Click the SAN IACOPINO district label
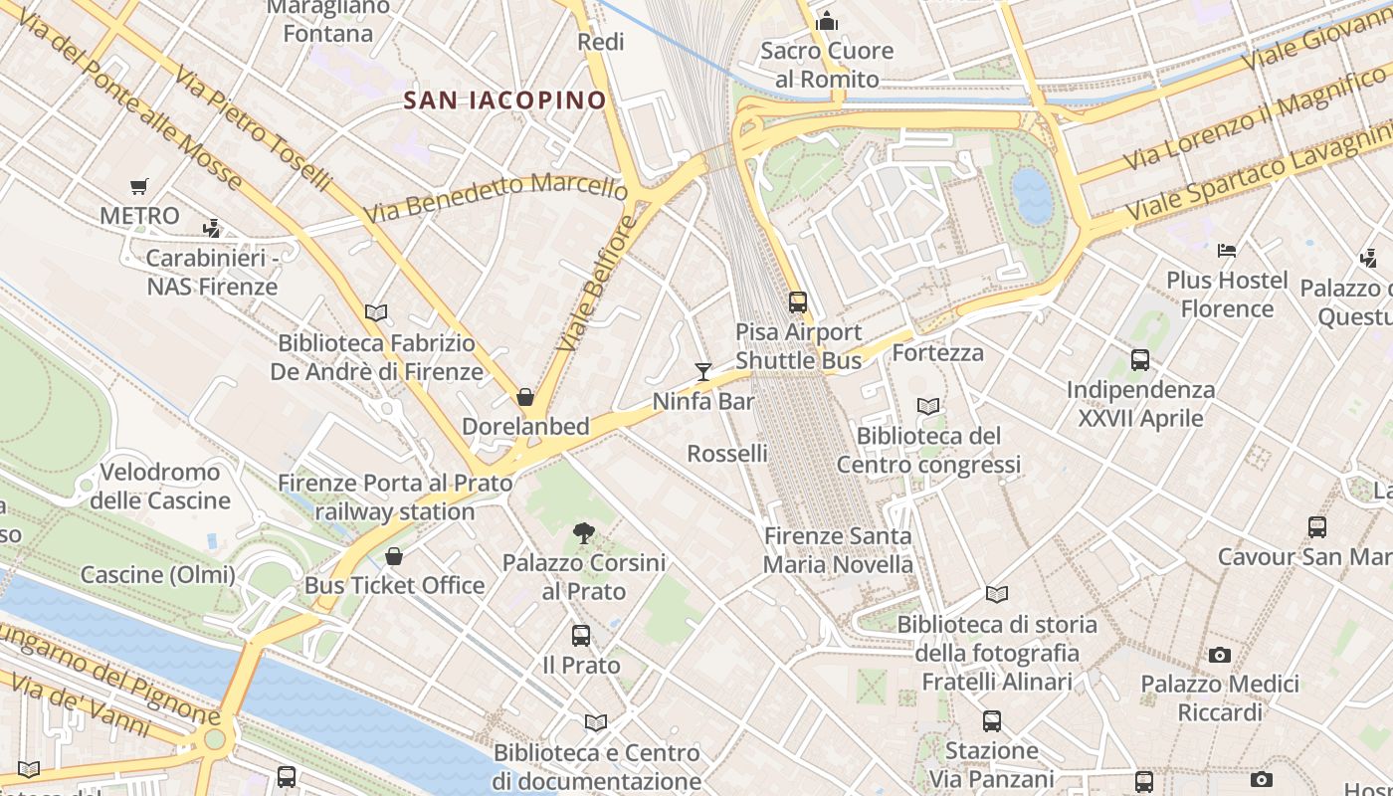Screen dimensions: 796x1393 pos(504,99)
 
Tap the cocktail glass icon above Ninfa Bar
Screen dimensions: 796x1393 pos(703,372)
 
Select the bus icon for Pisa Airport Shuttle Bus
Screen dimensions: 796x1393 pos(797,301)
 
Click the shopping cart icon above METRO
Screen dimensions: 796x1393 pos(139,186)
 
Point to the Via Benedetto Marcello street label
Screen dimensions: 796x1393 pos(495,197)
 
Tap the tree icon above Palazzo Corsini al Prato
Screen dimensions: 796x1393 pos(584,534)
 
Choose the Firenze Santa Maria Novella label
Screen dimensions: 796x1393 pos(838,550)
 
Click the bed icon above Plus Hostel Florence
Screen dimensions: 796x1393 pos(1227,250)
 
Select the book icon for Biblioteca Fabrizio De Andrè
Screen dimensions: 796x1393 pos(376,313)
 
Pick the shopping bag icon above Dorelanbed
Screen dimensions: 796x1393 pos(525,397)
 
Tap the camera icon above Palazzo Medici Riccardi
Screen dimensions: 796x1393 pos(1220,655)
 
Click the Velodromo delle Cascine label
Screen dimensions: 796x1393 pos(160,486)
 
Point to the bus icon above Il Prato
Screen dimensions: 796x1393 pos(581,635)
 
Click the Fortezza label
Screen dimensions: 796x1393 pos(937,353)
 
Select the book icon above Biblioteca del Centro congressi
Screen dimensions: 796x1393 pos(928,406)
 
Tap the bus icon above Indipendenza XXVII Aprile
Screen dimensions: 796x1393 pos(1140,360)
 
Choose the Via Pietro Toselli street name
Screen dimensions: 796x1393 pos(253,123)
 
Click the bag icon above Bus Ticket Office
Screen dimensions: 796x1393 pos(394,555)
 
